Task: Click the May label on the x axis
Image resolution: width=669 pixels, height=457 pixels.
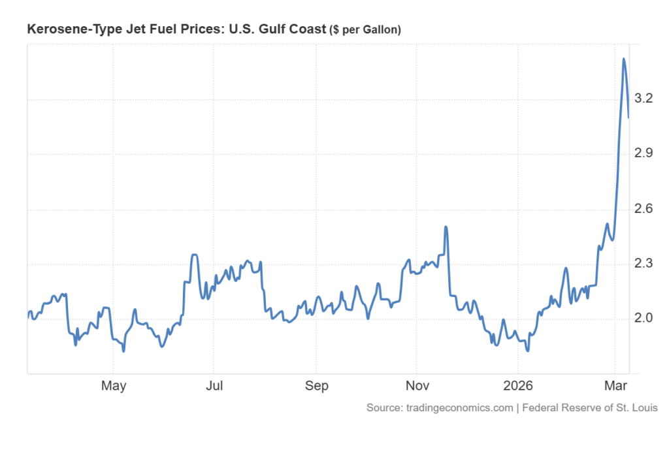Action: pyautogui.click(x=113, y=386)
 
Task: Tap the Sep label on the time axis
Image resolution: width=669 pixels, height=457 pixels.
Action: pyautogui.click(x=316, y=386)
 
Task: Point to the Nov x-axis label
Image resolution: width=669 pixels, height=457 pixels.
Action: pyautogui.click(x=417, y=386)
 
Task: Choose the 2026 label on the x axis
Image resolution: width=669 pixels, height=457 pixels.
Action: pyautogui.click(x=517, y=386)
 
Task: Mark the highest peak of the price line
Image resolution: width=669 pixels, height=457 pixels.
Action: pyautogui.click(x=623, y=59)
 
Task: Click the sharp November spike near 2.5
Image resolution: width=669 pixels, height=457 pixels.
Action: pyautogui.click(x=446, y=227)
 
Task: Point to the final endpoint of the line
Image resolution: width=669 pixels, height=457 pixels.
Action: pyautogui.click(x=628, y=118)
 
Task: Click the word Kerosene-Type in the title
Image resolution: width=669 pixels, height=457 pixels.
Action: pyautogui.click(x=64, y=29)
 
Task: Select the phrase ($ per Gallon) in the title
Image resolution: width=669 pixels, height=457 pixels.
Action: pyautogui.click(x=367, y=30)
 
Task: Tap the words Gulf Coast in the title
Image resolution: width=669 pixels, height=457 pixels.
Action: pyautogui.click(x=298, y=29)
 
